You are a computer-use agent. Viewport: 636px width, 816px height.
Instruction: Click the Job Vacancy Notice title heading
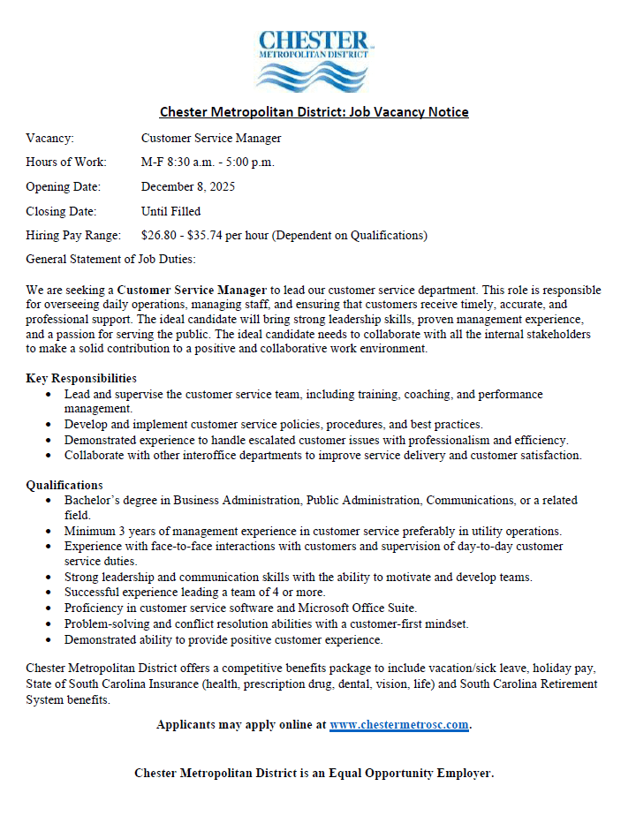[314, 112]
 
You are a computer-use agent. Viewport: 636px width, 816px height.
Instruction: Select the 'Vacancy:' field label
[50, 139]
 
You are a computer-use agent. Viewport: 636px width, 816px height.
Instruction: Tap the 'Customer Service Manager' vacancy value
[211, 139]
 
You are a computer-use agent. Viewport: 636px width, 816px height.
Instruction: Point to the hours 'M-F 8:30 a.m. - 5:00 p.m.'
[208, 162]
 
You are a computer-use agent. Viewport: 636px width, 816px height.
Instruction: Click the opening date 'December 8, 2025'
[188, 187]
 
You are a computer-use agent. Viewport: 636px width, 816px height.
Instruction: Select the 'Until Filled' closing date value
[170, 211]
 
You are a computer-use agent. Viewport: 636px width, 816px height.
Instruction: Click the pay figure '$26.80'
[159, 236]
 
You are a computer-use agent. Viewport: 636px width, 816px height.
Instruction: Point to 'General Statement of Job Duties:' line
[110, 259]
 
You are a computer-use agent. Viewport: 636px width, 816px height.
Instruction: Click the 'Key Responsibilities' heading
[81, 379]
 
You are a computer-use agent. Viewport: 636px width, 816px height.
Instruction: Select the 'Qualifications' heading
[64, 485]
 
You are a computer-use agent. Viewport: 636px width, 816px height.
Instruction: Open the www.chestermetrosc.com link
[398, 725]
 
